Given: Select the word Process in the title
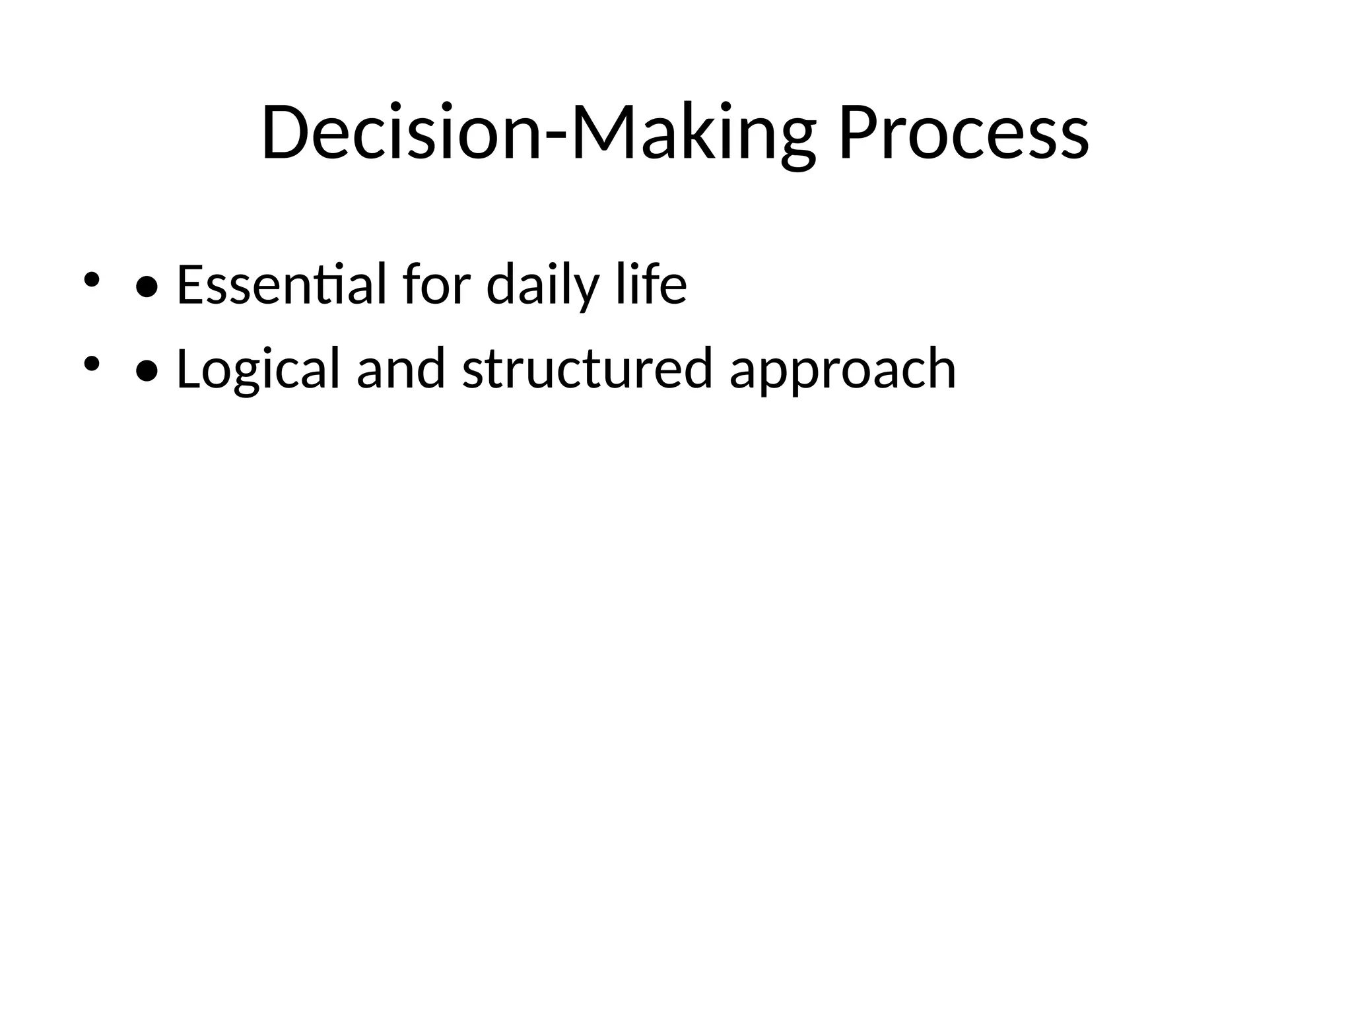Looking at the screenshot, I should pos(963,133).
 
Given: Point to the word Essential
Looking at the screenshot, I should pos(281,285).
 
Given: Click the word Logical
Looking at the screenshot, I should pos(258,370).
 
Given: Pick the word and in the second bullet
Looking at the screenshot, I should pos(401,370).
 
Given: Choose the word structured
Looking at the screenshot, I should pos(587,370).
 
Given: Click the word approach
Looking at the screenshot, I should pos(842,370).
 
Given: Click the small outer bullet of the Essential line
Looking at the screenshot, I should pos(91,279).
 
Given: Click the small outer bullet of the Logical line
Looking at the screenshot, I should pos(91,364).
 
